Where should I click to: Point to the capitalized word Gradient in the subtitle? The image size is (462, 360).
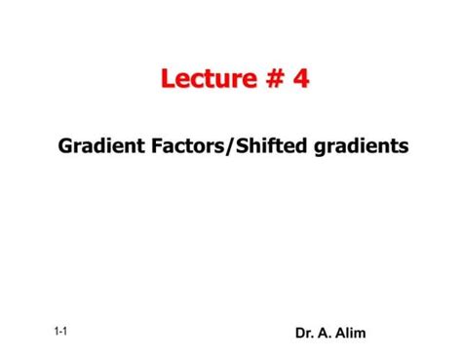tap(97, 146)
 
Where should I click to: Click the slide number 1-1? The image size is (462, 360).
tap(60, 332)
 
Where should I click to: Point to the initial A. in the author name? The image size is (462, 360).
tap(327, 334)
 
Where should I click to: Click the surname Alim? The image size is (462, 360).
tap(351, 334)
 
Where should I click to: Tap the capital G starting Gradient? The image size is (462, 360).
tap(65, 146)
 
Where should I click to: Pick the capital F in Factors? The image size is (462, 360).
tap(151, 146)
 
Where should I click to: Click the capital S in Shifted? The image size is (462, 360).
tap(238, 146)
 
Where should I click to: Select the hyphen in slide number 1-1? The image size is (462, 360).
tap(60, 333)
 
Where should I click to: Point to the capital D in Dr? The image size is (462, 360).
tap(300, 334)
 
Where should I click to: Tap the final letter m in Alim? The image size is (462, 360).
tap(361, 334)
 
